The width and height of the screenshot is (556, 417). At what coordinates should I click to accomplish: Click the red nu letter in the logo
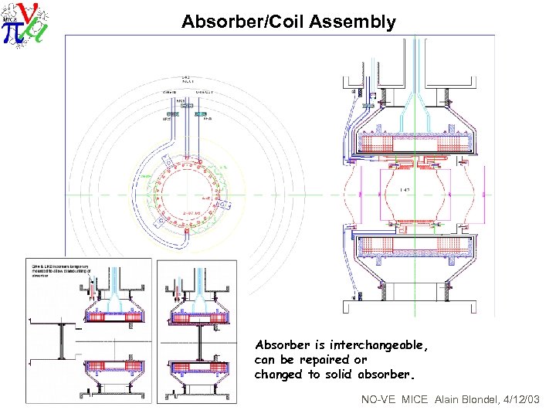[25, 12]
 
